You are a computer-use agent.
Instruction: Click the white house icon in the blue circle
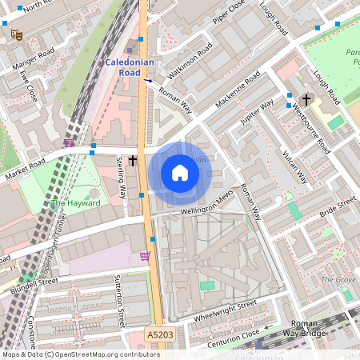tap(180, 173)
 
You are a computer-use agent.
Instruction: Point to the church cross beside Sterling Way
tap(132, 161)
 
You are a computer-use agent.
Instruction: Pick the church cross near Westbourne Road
tap(306, 99)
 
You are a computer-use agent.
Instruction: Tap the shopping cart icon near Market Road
tap(69, 142)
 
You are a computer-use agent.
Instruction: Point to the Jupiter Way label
tap(258, 113)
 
